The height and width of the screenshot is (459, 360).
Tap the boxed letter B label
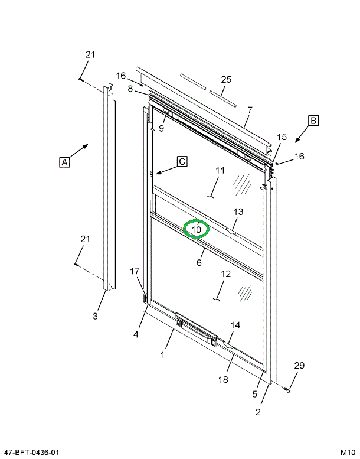(x=313, y=121)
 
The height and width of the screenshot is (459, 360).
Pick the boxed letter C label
(x=182, y=161)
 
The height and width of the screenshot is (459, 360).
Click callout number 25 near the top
(x=226, y=80)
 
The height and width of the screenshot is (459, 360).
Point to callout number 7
(x=250, y=110)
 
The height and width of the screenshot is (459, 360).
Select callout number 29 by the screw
(x=299, y=366)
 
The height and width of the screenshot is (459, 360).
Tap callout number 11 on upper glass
(x=220, y=171)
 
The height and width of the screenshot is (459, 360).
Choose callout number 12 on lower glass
(x=225, y=274)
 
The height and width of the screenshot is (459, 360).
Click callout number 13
(x=238, y=211)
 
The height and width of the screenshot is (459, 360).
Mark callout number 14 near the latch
(x=235, y=325)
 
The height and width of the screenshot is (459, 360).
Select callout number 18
(x=223, y=380)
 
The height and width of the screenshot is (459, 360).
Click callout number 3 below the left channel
(x=95, y=316)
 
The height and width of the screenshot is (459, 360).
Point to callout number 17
(x=135, y=271)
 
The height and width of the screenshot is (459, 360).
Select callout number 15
(x=282, y=137)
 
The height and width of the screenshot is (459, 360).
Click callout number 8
(x=130, y=89)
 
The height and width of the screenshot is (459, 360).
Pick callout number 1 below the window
(x=163, y=355)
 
